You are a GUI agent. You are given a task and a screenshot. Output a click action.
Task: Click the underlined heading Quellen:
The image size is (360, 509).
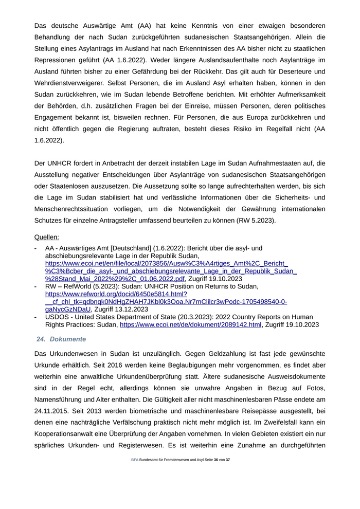(x=46, y=237)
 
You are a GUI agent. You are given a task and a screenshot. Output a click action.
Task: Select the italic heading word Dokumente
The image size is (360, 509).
(x=68, y=339)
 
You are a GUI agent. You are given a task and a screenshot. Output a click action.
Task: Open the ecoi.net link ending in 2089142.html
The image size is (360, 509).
(x=191, y=325)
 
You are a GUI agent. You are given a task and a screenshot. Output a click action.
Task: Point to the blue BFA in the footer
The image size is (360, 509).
(x=134, y=474)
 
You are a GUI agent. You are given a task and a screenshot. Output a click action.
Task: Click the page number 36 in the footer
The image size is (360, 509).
(x=216, y=474)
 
